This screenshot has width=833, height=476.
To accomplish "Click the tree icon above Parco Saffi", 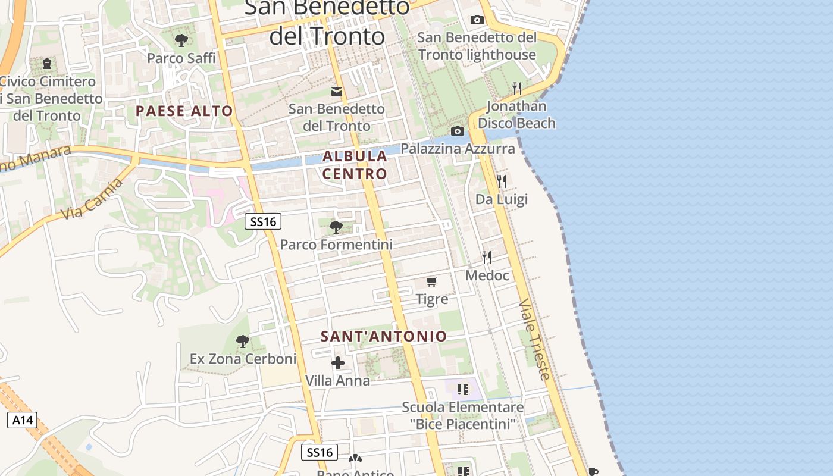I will coord(181,40).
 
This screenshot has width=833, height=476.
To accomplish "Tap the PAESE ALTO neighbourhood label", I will coord(184,111).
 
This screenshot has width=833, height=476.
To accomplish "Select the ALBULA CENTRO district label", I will coord(355,165).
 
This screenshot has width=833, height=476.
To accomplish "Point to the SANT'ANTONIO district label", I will coord(384,336).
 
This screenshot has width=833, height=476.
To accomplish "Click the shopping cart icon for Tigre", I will coord(432,281).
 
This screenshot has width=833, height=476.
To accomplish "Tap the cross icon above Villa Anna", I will coord(338,362).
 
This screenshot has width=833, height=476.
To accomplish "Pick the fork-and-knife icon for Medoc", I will coord(487,257).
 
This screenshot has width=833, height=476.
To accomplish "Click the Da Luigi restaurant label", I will coord(502,199).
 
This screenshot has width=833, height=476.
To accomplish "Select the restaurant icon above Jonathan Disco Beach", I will coord(517,89).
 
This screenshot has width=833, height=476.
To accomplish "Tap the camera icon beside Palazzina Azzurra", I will coord(457,131).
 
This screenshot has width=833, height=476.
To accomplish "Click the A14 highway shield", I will coord(23,420).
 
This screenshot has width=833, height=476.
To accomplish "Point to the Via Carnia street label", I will coord(93,198).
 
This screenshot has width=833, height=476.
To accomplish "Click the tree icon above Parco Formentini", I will coord(336,227).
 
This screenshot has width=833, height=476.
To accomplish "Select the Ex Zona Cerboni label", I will coord(243,359).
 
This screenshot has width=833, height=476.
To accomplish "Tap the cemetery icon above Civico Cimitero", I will coord(47,63).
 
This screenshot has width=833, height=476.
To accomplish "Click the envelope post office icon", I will coord(337,92).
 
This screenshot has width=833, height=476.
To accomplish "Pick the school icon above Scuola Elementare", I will coord(463,390).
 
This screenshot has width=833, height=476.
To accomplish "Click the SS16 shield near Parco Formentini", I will coord(263,222).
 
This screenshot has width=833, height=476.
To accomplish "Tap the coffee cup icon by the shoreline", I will coord(593,471).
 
